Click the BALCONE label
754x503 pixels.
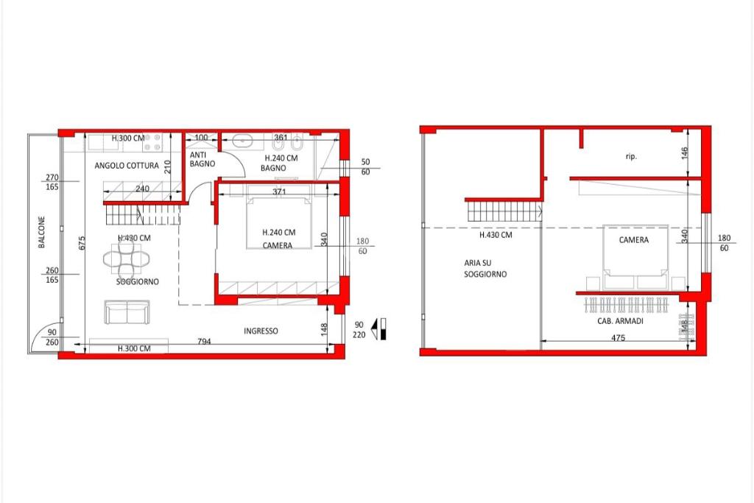point(42,232)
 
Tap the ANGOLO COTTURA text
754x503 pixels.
point(127,166)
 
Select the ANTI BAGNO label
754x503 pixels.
point(202,159)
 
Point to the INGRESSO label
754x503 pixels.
point(261,331)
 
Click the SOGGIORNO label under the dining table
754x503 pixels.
point(138,282)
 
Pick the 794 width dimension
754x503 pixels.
point(205,342)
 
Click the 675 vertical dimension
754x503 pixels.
point(82,242)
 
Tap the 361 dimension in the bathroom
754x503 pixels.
point(281,138)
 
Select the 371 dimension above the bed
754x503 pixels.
point(279,192)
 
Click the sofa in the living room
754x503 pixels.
point(127,312)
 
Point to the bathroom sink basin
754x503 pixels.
point(244,141)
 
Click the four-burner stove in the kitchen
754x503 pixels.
point(153,142)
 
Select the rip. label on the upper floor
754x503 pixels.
point(631,156)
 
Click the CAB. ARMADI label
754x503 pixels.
point(620,321)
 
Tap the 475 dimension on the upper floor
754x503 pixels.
point(618,337)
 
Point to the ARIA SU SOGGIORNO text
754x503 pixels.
point(485,268)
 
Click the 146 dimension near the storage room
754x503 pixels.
point(685,153)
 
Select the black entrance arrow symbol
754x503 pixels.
point(380,329)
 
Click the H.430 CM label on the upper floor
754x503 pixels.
point(496,235)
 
